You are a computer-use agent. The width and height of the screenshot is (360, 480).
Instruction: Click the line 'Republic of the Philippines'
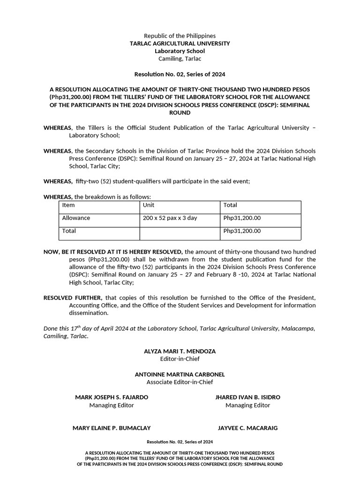(x=180, y=36)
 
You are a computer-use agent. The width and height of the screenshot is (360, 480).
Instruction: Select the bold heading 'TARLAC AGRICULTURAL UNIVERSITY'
(x=180, y=43)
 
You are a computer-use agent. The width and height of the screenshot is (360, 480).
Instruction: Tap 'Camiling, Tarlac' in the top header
(x=180, y=59)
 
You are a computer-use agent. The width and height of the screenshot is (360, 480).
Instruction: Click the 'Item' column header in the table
(x=68, y=205)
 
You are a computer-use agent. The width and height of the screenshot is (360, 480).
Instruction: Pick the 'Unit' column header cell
(x=149, y=205)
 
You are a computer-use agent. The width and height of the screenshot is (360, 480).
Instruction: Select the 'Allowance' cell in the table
(x=76, y=218)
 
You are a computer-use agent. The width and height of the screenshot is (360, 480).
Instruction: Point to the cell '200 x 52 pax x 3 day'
(x=170, y=218)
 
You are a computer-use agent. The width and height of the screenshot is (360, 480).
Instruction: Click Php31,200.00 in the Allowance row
(x=242, y=218)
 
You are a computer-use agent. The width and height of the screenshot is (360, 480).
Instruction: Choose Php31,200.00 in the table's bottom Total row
(x=242, y=231)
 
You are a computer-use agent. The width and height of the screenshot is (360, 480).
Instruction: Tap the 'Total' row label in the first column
(x=69, y=231)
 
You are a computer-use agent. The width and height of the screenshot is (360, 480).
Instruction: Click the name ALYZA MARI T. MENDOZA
(x=180, y=351)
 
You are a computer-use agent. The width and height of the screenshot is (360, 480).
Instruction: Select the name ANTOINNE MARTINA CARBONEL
(x=180, y=375)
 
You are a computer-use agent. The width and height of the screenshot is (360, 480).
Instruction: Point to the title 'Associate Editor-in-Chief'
(x=180, y=382)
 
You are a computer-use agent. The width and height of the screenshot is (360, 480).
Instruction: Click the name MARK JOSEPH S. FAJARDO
(x=112, y=397)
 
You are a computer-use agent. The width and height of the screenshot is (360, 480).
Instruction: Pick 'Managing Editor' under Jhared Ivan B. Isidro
(x=247, y=405)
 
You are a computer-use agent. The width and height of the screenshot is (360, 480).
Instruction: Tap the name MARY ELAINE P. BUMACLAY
(x=112, y=428)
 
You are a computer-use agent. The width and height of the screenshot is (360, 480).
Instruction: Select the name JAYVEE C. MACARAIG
(x=247, y=428)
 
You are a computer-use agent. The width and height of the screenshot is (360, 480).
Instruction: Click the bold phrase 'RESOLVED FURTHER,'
(x=73, y=298)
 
